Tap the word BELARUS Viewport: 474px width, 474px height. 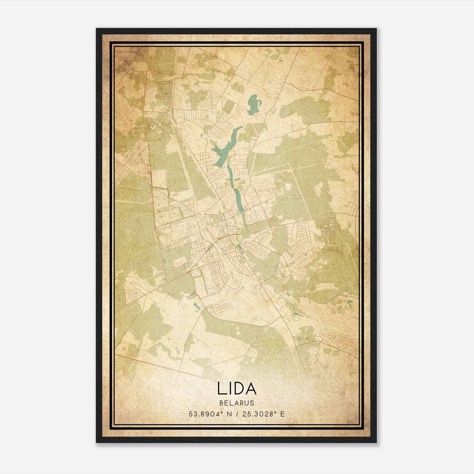tap(237, 403)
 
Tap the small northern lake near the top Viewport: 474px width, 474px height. tap(253, 104)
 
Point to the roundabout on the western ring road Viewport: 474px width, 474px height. tap(152, 187)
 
